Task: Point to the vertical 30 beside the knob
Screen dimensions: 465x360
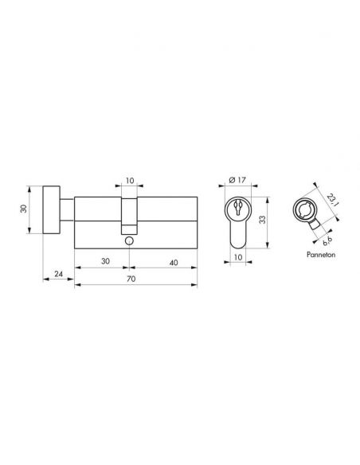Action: click(24, 209)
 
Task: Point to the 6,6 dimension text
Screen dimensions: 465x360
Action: click(327, 240)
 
